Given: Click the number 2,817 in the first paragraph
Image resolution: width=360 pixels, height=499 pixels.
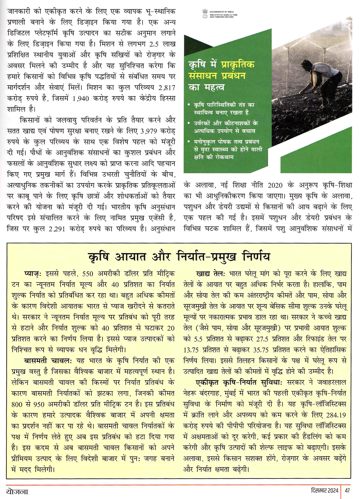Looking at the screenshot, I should coord(167,88).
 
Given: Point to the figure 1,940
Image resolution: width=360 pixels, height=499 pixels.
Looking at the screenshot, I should coord(81,98).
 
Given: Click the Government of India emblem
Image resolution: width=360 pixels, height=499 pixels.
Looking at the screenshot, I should coord(205,14).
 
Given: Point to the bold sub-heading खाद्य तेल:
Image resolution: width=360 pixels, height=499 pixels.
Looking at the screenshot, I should coord(211,274).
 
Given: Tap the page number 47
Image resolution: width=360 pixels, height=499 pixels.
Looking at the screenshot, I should coord(347,490).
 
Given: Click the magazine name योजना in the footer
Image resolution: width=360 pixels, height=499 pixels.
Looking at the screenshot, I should coord(17,491).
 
